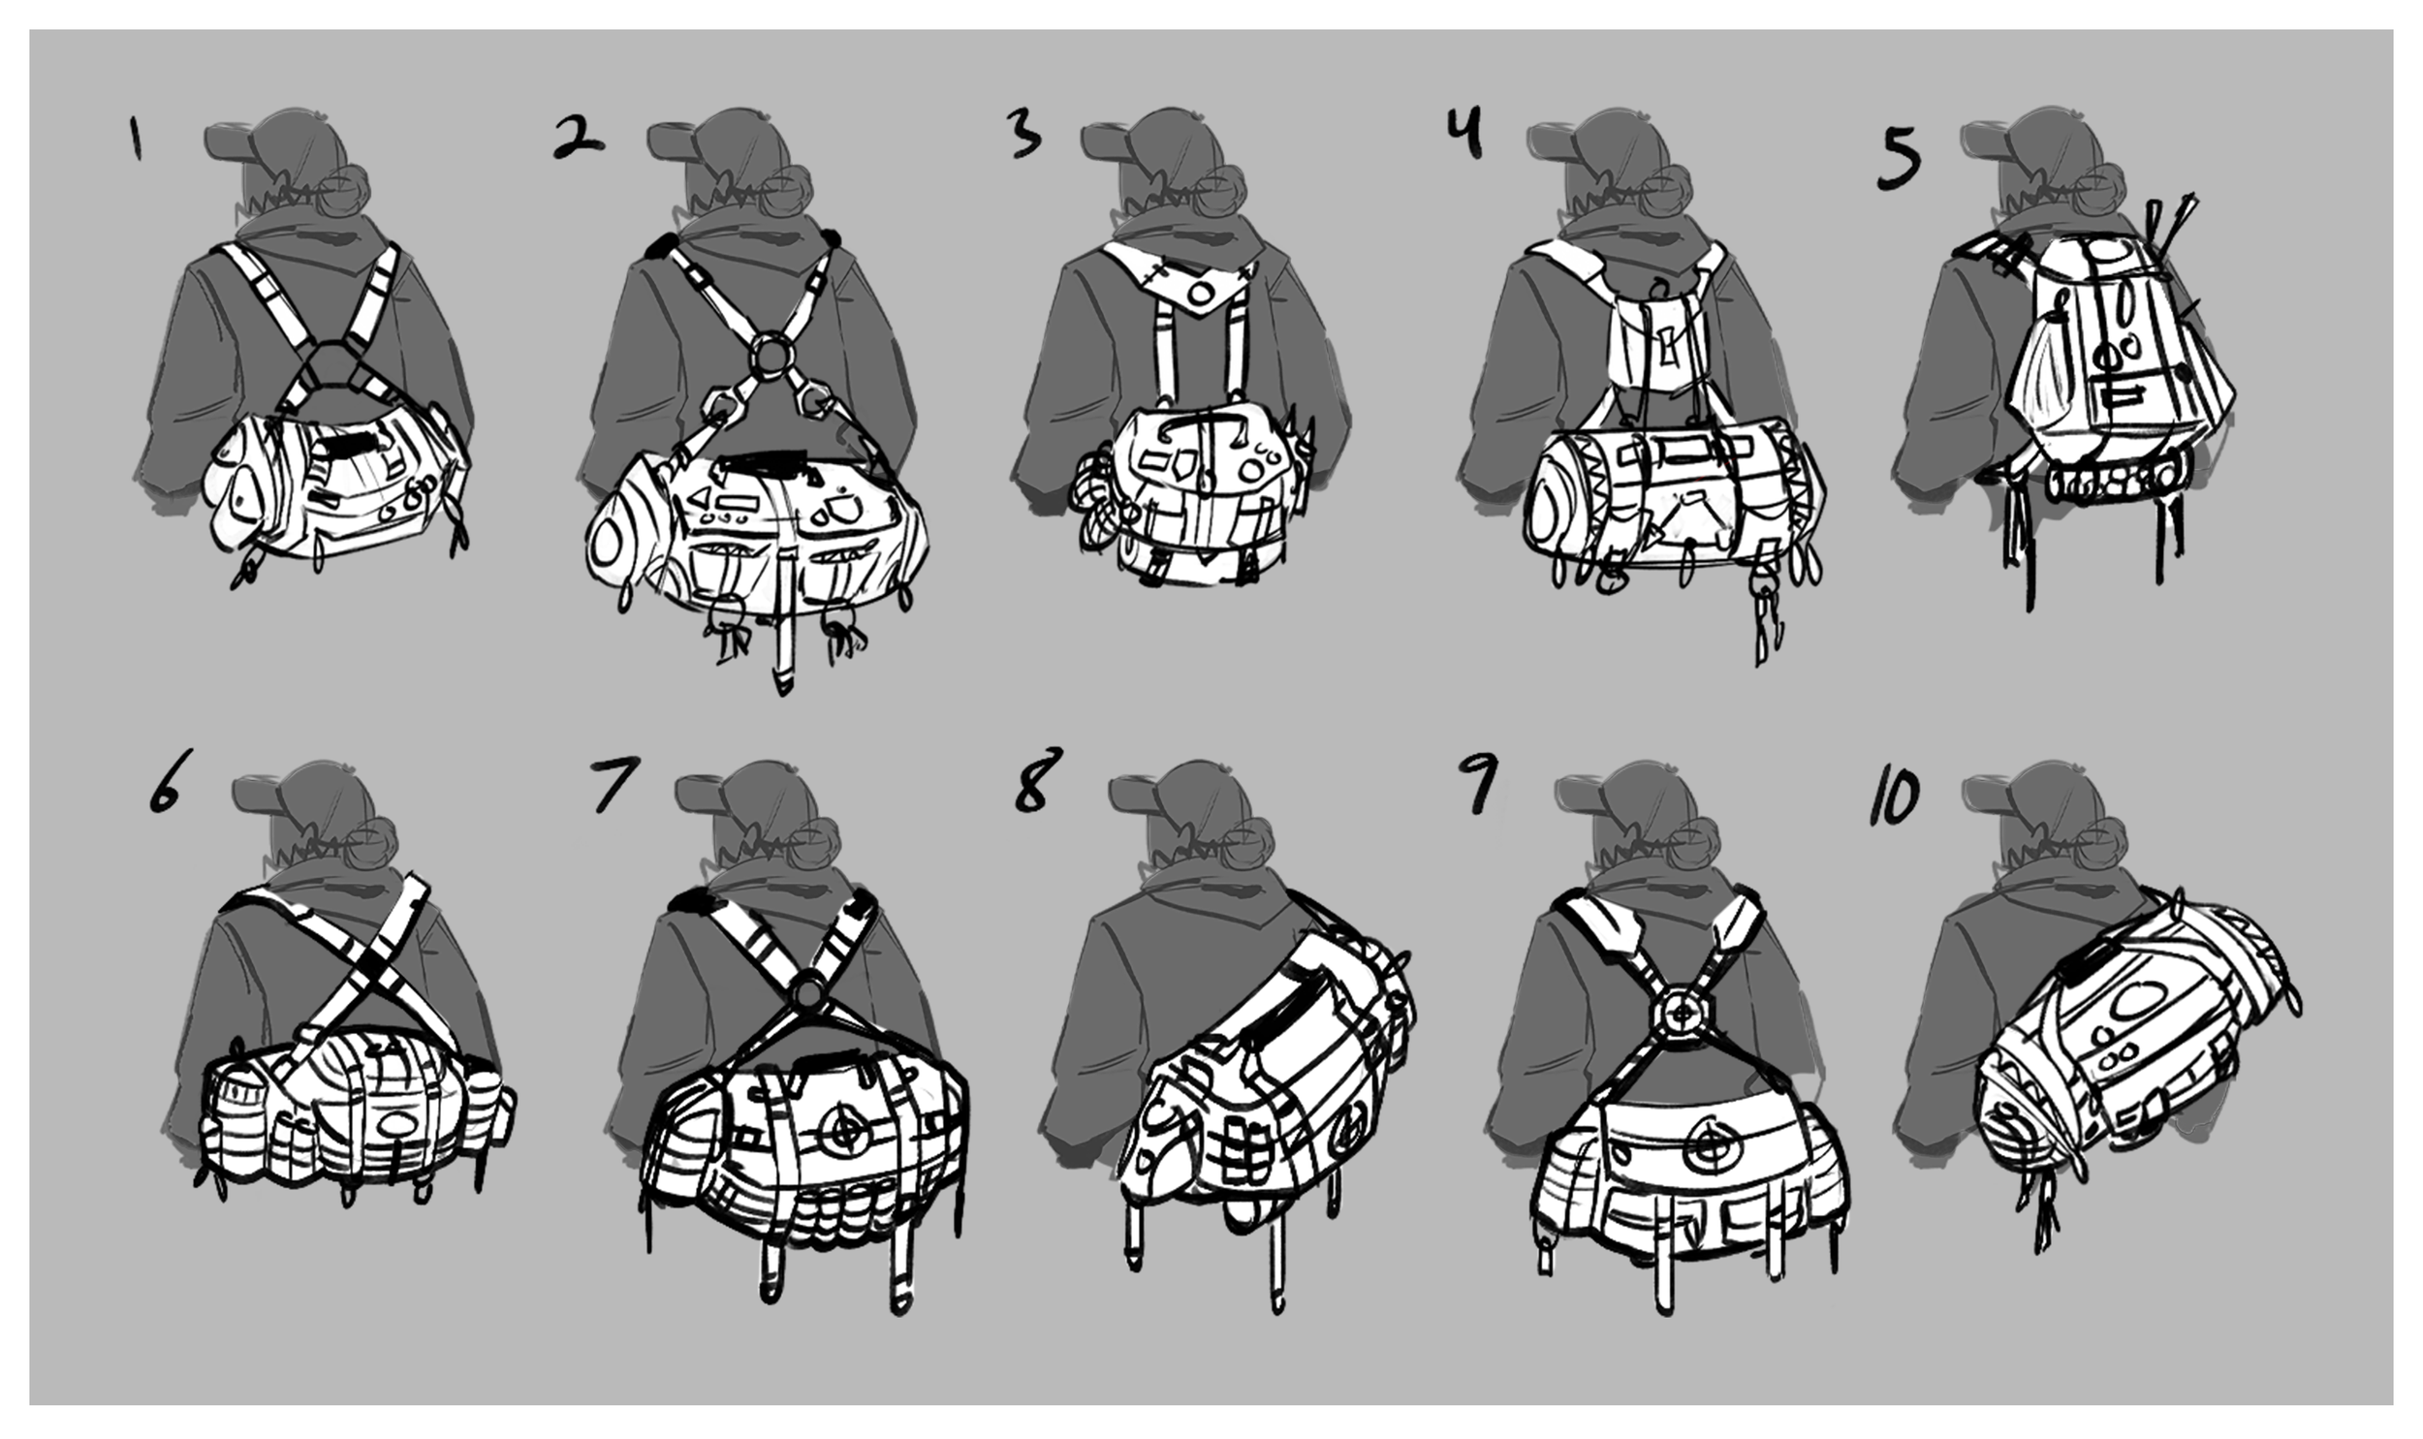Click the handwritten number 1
point(136,139)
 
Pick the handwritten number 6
point(166,782)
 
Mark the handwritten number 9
point(1479,784)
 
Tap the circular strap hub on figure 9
point(1683,1013)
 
